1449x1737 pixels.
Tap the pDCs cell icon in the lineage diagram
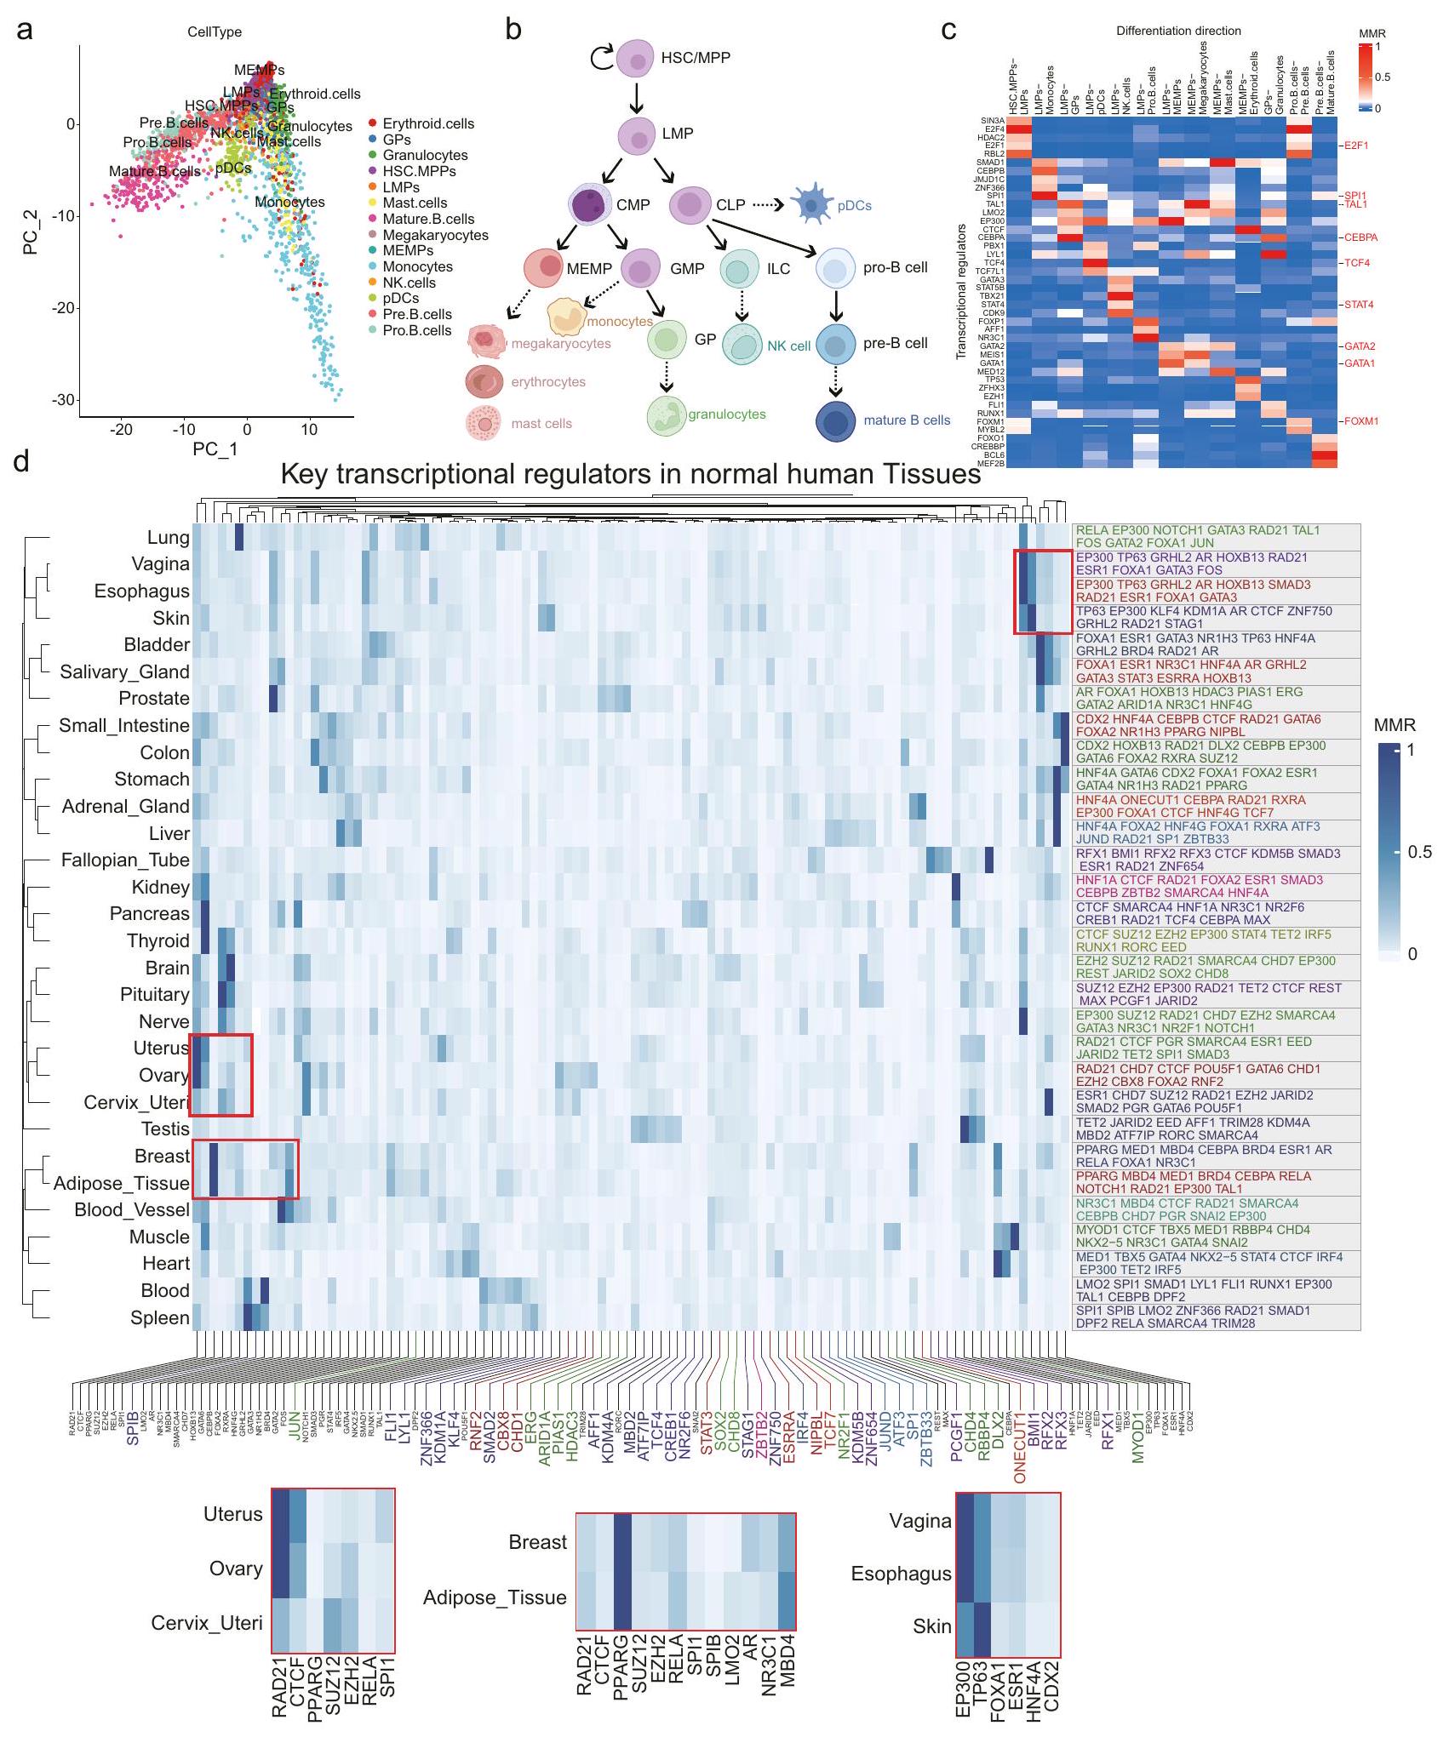coord(815,204)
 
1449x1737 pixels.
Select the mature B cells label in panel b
coord(907,420)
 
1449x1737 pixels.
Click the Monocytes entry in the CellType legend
coord(417,266)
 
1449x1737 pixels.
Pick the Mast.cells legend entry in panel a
coord(415,203)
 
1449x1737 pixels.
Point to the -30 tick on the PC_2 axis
coord(62,399)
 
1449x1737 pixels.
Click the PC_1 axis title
coord(215,449)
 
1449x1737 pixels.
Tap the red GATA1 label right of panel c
coord(1360,363)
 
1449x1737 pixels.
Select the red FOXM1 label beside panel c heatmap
coord(1361,421)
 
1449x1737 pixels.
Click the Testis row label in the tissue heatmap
coord(165,1128)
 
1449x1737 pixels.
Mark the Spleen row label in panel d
coord(159,1317)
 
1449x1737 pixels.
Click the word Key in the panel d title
coord(306,474)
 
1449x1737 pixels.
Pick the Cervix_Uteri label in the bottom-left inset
coord(207,1623)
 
